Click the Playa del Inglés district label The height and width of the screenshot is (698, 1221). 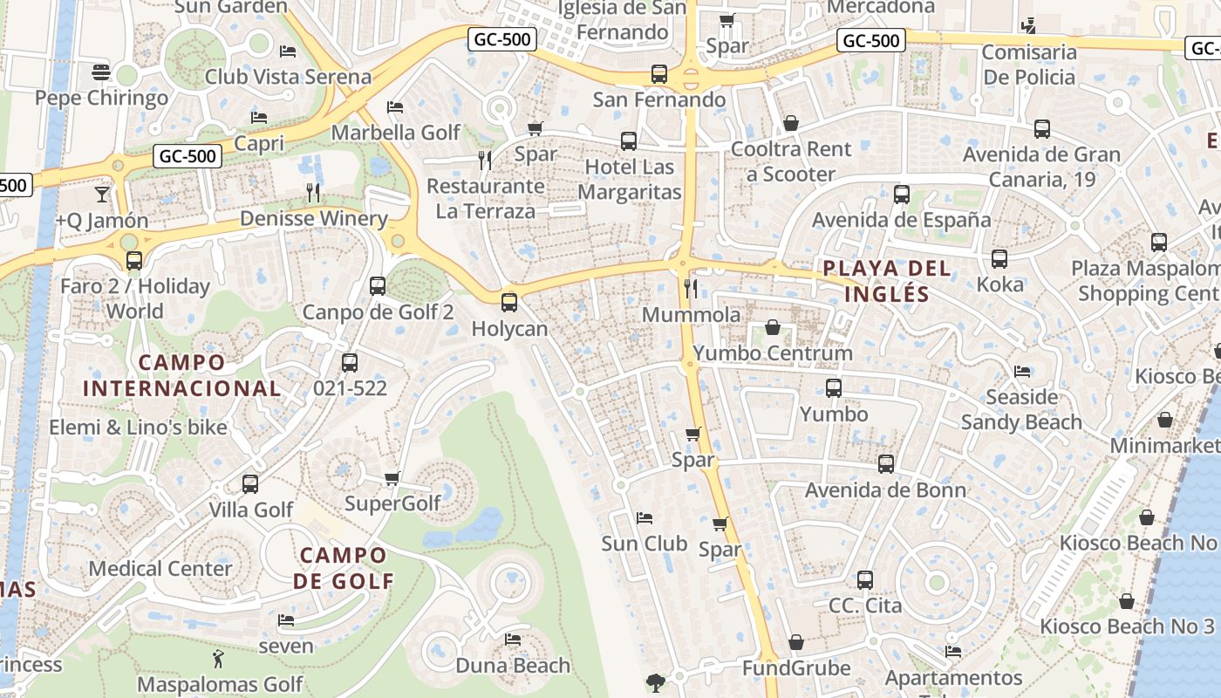point(886,280)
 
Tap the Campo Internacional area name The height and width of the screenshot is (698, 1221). point(181,375)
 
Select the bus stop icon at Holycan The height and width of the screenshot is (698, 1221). point(509,303)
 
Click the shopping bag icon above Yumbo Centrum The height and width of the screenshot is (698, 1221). point(773,327)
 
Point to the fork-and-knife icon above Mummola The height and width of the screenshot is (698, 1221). point(691,288)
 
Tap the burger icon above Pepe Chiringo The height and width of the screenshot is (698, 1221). point(101,72)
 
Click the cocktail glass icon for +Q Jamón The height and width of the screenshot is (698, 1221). point(102,194)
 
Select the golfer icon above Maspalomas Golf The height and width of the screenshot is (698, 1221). point(219,659)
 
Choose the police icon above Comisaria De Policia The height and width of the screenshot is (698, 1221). point(1029,26)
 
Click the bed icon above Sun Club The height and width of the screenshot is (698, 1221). point(645,518)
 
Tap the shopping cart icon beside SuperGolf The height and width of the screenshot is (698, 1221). point(392,478)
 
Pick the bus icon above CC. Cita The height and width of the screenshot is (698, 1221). point(865,579)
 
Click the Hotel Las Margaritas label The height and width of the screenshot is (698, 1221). point(629,179)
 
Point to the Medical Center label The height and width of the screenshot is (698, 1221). point(160,569)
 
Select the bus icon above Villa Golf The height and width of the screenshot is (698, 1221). point(250,483)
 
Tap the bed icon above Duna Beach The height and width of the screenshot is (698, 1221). point(513,640)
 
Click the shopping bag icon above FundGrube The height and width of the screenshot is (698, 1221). point(796,643)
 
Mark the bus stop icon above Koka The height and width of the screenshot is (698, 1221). point(999,259)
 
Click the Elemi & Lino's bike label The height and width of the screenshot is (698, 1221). point(138,428)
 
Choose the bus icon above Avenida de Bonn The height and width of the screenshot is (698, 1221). point(886,464)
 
